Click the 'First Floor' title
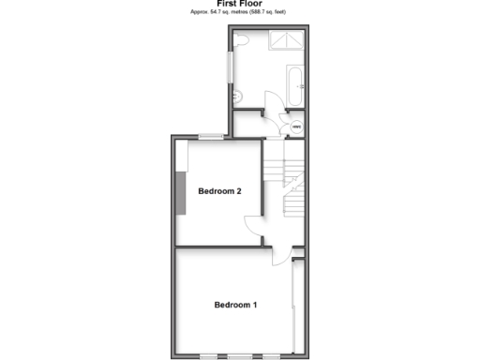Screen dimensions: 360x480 pyautogui.click(x=239, y=4)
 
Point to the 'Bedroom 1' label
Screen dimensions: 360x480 pyautogui.click(x=235, y=305)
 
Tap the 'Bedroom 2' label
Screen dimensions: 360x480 pyautogui.click(x=220, y=191)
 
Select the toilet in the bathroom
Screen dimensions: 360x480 pyautogui.click(x=243, y=40)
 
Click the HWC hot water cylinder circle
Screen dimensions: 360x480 pyautogui.click(x=296, y=127)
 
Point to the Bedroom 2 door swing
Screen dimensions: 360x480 pyautogui.click(x=254, y=224)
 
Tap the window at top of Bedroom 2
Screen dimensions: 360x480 pyautogui.click(x=210, y=138)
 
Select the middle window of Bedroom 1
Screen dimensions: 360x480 pyautogui.click(x=240, y=356)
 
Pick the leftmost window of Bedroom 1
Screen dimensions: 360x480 pyautogui.click(x=208, y=356)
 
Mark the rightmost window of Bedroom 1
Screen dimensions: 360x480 pyautogui.click(x=271, y=356)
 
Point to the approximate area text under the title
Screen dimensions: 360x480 pyautogui.click(x=239, y=13)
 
